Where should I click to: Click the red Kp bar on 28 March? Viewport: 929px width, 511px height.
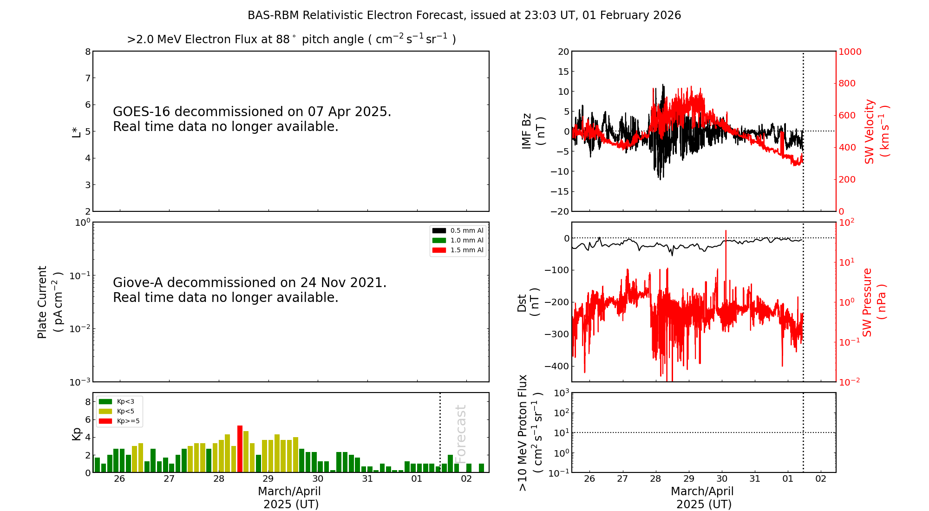[x=240, y=449]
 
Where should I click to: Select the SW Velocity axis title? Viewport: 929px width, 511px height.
[x=876, y=131]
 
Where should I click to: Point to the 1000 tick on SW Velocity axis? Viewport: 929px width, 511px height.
[x=850, y=52]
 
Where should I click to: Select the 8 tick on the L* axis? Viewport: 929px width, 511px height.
[x=88, y=52]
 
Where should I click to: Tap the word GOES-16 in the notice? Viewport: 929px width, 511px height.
[x=141, y=112]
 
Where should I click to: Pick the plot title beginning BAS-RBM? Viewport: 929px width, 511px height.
[x=464, y=15]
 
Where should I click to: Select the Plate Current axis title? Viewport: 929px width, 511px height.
[x=49, y=302]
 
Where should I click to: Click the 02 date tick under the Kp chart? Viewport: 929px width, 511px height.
[x=466, y=479]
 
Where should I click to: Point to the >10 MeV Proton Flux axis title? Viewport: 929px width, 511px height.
[x=530, y=433]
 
